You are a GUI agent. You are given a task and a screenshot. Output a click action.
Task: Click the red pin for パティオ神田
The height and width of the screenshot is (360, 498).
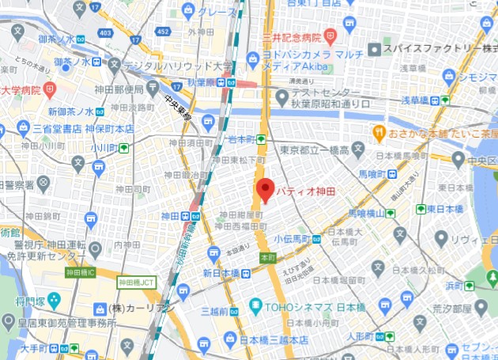coord(266,190)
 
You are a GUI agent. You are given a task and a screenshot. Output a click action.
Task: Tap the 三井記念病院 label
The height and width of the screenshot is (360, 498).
coord(291,36)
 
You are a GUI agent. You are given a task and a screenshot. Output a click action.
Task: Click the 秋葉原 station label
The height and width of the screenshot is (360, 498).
coord(202,81)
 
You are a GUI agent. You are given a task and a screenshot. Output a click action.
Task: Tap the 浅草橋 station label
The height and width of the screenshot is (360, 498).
coord(419,100)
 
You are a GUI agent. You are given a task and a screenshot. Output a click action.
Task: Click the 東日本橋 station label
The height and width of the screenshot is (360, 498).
coord(443,209)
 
